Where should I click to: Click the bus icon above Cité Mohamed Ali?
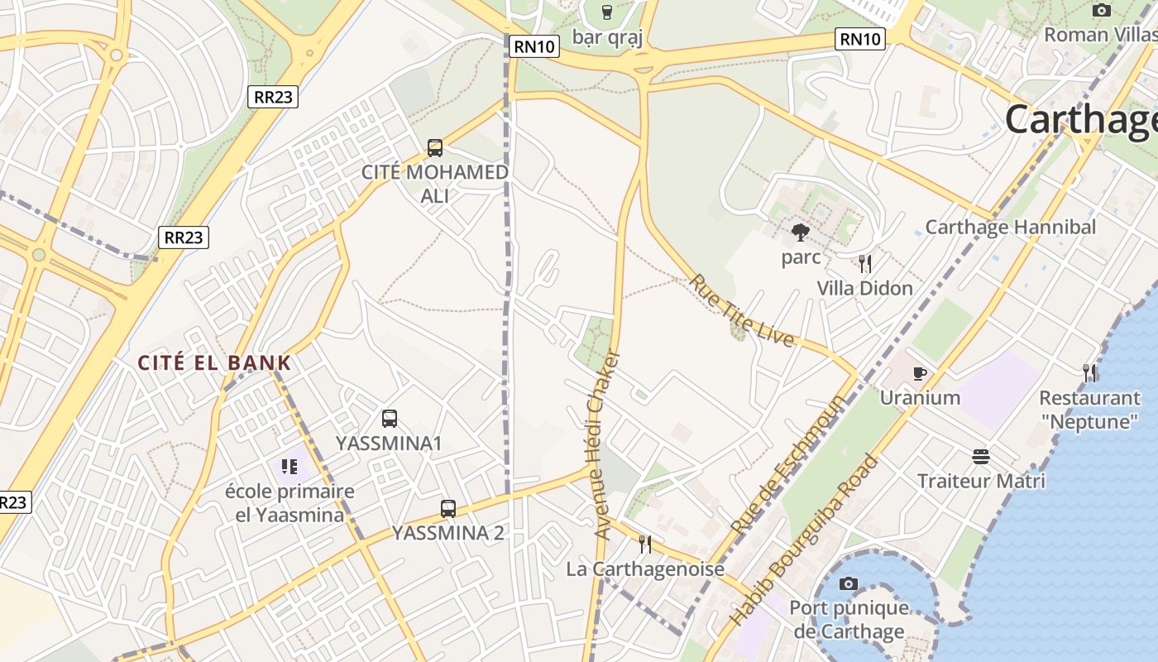(435, 148)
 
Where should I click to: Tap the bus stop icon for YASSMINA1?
(390, 419)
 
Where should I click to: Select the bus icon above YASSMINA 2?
(448, 509)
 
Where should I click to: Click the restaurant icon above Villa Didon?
(865, 264)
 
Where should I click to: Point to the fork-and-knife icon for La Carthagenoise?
(645, 544)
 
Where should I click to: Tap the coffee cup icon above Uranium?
(920, 373)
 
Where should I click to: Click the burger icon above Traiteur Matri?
(981, 457)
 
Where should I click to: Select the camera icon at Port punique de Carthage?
(848, 584)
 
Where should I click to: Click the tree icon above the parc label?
(800, 233)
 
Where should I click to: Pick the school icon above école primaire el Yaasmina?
(289, 467)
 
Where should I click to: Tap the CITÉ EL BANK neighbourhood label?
(214, 362)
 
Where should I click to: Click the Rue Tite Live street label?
(742, 310)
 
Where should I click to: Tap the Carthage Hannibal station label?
(1010, 227)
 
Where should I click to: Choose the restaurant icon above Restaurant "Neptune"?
(1090, 373)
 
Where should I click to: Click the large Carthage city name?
(1080, 120)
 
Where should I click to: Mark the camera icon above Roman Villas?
(1101, 11)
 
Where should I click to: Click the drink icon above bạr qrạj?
(607, 12)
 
